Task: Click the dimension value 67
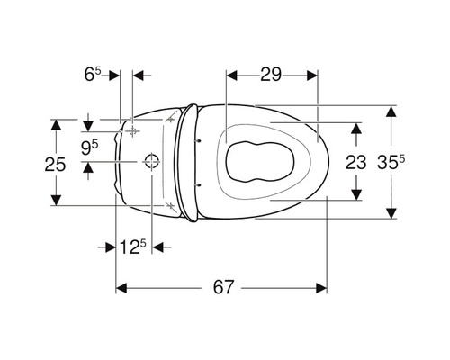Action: click(223, 287)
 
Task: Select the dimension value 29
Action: click(271, 75)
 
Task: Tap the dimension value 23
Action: click(356, 162)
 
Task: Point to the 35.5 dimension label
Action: click(391, 162)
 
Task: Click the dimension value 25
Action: click(55, 165)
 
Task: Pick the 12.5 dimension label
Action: click(132, 247)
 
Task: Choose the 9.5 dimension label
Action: click(90, 148)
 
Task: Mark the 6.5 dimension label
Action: click(93, 75)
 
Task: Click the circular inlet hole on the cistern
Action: click(152, 161)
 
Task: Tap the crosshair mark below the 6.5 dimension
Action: click(132, 131)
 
